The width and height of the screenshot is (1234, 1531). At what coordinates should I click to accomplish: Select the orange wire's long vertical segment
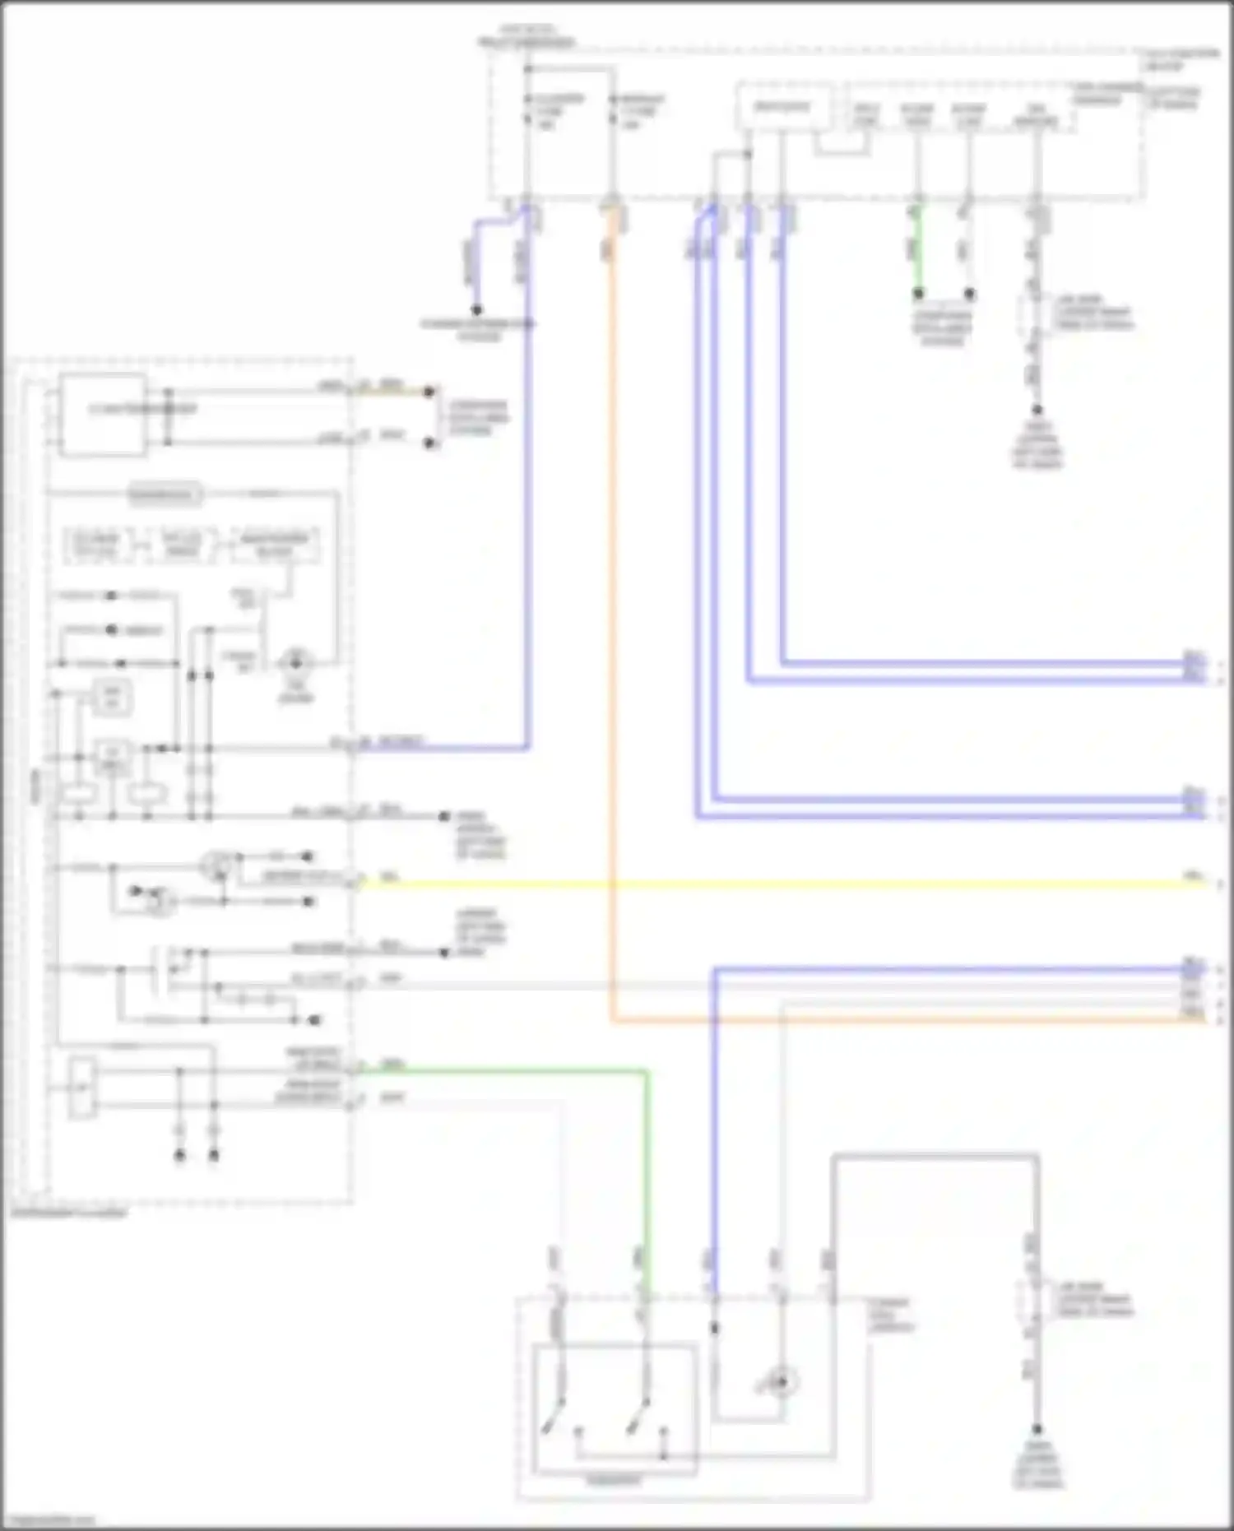(612, 617)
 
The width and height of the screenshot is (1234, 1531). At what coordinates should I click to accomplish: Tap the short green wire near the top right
(918, 247)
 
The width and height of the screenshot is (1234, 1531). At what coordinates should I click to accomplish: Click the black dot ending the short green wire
(918, 294)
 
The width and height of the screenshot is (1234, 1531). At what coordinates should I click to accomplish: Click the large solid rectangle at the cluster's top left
(103, 414)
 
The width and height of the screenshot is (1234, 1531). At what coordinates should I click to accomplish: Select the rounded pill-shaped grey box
(165, 495)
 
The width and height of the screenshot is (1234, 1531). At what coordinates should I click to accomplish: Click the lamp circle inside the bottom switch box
(782, 1382)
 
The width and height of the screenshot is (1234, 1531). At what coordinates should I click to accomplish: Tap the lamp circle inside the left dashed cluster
(295, 661)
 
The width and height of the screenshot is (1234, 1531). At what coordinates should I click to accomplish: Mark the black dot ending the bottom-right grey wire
(1037, 1430)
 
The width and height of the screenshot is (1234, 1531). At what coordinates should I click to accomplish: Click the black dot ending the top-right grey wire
(1037, 410)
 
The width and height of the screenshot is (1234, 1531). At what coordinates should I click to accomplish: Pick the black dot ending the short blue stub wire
(476, 310)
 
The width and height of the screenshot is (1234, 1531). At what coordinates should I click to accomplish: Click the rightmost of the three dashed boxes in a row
(275, 545)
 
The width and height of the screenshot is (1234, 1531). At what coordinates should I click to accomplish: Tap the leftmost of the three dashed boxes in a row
(97, 545)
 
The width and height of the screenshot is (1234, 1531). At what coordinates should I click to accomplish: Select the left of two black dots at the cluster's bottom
(179, 1156)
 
